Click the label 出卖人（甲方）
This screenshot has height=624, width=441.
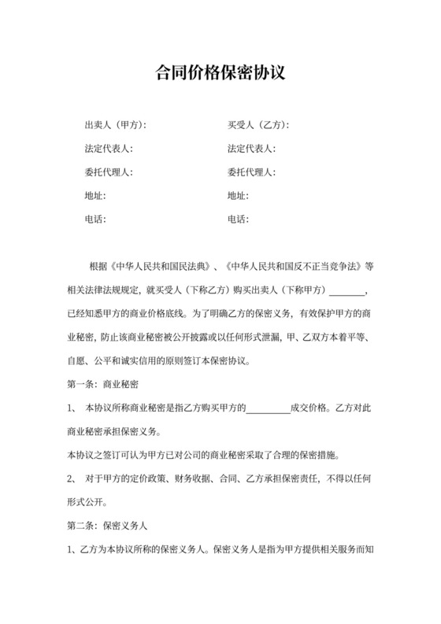point(114,125)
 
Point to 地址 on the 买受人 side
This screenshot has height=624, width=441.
point(237,196)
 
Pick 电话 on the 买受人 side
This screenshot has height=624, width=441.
point(237,220)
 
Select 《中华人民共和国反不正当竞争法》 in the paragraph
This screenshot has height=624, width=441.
point(283,267)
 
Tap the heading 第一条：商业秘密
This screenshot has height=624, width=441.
point(99,385)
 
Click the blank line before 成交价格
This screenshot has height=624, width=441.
point(269,408)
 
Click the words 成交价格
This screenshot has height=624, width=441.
point(309,408)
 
